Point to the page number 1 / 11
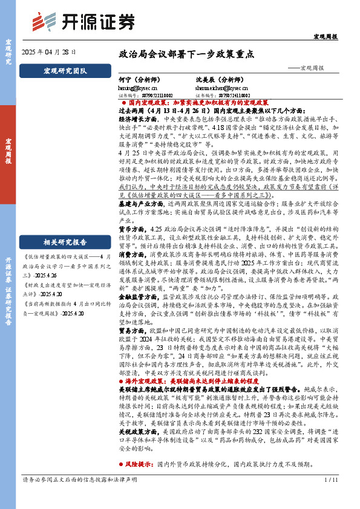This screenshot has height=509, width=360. coord(330,497)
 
